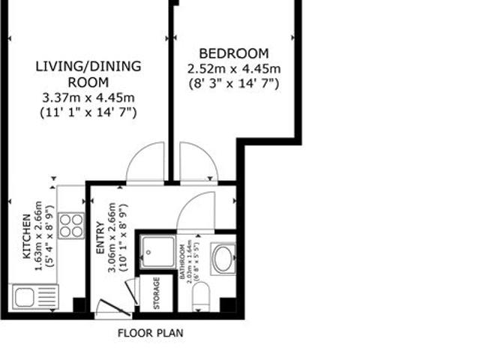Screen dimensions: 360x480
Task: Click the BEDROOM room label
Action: (233, 53)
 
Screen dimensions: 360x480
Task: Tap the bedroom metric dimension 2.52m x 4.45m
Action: (233, 68)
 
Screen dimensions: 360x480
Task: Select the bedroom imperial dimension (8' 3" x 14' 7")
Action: (233, 83)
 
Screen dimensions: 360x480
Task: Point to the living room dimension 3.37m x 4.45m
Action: (88, 97)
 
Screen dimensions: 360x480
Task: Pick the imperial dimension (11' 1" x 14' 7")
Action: (88, 112)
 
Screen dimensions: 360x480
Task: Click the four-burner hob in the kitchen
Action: (71, 225)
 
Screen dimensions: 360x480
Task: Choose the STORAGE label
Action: (157, 293)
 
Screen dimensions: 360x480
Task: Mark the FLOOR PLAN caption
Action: (150, 332)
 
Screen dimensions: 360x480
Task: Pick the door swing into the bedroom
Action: (198, 163)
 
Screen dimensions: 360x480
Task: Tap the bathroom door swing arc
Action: (196, 210)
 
